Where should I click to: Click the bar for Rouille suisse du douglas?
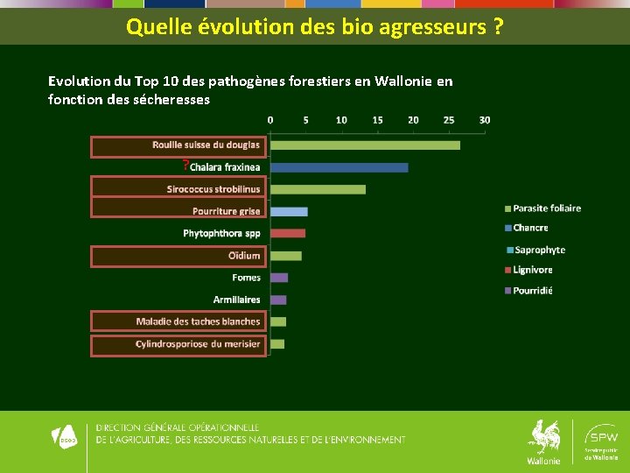point(365,145)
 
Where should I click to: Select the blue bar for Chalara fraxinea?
point(339,167)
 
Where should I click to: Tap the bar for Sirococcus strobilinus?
point(318,189)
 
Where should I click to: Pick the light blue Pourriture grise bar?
point(289,211)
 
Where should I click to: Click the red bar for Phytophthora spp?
point(288,233)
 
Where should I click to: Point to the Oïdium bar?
point(285,256)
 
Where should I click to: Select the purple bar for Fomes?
point(279,278)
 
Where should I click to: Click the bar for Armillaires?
point(278,300)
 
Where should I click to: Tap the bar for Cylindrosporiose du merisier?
point(277,344)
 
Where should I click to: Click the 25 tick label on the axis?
point(449,120)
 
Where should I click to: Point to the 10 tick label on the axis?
point(341,120)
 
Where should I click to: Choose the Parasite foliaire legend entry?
point(546,208)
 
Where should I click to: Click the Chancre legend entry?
point(530,228)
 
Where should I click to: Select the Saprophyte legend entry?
point(539,250)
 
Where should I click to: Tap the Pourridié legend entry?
point(532,290)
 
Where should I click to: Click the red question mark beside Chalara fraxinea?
point(185,165)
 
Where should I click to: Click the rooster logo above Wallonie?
point(544,436)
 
